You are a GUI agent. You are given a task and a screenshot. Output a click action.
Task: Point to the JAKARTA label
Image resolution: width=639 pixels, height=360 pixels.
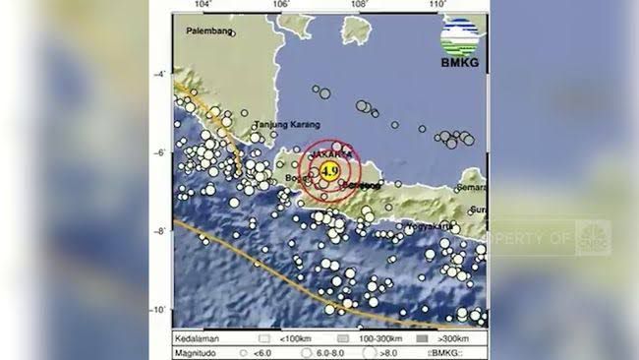[x=331, y=154]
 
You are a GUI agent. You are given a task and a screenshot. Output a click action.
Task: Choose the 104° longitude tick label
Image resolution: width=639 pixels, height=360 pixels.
[x=204, y=6]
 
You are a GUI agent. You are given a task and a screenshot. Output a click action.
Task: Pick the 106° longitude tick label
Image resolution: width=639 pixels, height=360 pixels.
[x=281, y=6]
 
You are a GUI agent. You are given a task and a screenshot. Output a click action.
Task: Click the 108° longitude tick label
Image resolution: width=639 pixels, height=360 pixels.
[x=359, y=6]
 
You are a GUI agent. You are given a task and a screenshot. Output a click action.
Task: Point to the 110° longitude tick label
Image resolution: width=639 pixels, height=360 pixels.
[x=437, y=6]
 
